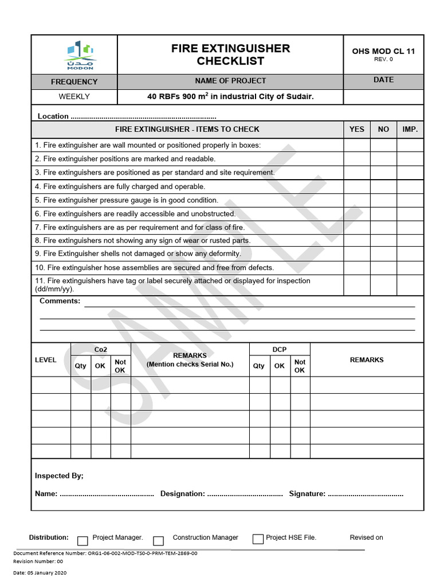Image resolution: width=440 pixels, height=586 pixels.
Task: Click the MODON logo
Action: coord(80,55)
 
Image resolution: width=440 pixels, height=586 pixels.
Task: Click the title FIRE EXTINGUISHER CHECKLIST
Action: coord(230,55)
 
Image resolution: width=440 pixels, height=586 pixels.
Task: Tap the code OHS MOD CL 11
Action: coord(383,52)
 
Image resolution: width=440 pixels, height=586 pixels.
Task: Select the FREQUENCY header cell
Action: coord(74,82)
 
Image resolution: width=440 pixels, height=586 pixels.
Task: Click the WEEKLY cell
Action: coord(74,97)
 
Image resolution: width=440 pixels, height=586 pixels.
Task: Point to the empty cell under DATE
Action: coord(383,97)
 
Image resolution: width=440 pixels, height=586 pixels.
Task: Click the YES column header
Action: coord(356,129)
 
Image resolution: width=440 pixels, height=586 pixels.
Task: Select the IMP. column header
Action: coord(410,129)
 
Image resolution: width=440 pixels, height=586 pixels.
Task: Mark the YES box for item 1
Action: coord(356,145)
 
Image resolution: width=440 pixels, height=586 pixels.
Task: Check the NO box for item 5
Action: coord(383,200)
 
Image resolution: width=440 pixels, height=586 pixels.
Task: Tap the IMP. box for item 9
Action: coord(410,254)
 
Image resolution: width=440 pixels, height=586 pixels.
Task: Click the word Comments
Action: coord(60,301)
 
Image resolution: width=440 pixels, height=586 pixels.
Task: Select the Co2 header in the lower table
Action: coord(101,350)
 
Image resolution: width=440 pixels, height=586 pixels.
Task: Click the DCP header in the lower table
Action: coord(280,350)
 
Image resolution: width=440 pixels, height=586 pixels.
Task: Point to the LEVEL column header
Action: coord(46,360)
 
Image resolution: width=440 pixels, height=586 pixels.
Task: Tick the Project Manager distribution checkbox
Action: coord(82,540)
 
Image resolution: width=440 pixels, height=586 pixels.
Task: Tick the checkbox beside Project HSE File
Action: coord(258,539)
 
